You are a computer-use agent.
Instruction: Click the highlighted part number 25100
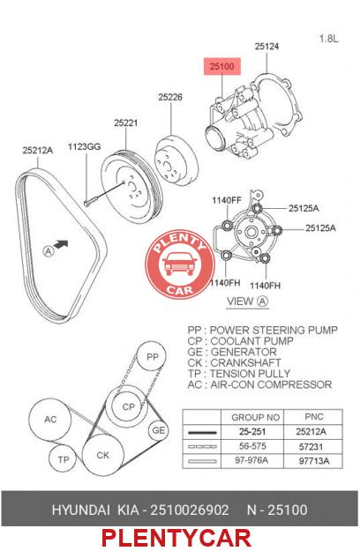pyautogui.click(x=221, y=66)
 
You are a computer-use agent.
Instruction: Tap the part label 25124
pyautogui.click(x=266, y=47)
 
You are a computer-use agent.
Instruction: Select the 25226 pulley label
pyautogui.click(x=170, y=97)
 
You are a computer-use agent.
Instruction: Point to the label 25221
pyautogui.click(x=125, y=123)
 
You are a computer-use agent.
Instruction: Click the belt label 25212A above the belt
pyautogui.click(x=38, y=151)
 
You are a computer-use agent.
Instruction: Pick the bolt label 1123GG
pyautogui.click(x=85, y=146)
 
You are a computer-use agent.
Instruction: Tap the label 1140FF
pyautogui.click(x=227, y=200)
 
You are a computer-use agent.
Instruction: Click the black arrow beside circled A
pyautogui.click(x=61, y=243)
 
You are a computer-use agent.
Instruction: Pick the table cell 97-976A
pyautogui.click(x=251, y=460)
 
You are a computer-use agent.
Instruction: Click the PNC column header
pyautogui.click(x=314, y=417)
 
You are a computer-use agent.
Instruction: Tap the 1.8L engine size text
pyautogui.click(x=329, y=38)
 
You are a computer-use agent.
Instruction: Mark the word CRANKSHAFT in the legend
pyautogui.click(x=246, y=362)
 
